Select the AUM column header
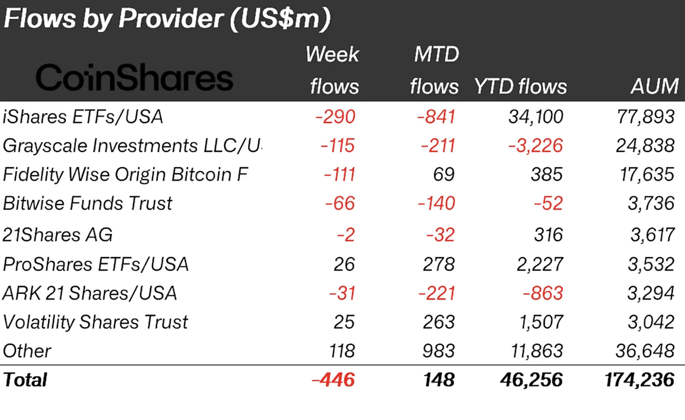[654, 86]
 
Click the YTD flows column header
[520, 86]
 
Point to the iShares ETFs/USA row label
[83, 117]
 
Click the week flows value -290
[335, 117]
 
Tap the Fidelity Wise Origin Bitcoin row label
[126, 175]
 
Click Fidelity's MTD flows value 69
[445, 175]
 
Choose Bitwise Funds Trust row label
[87, 203]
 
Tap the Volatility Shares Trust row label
[95, 322]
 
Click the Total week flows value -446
[333, 380]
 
